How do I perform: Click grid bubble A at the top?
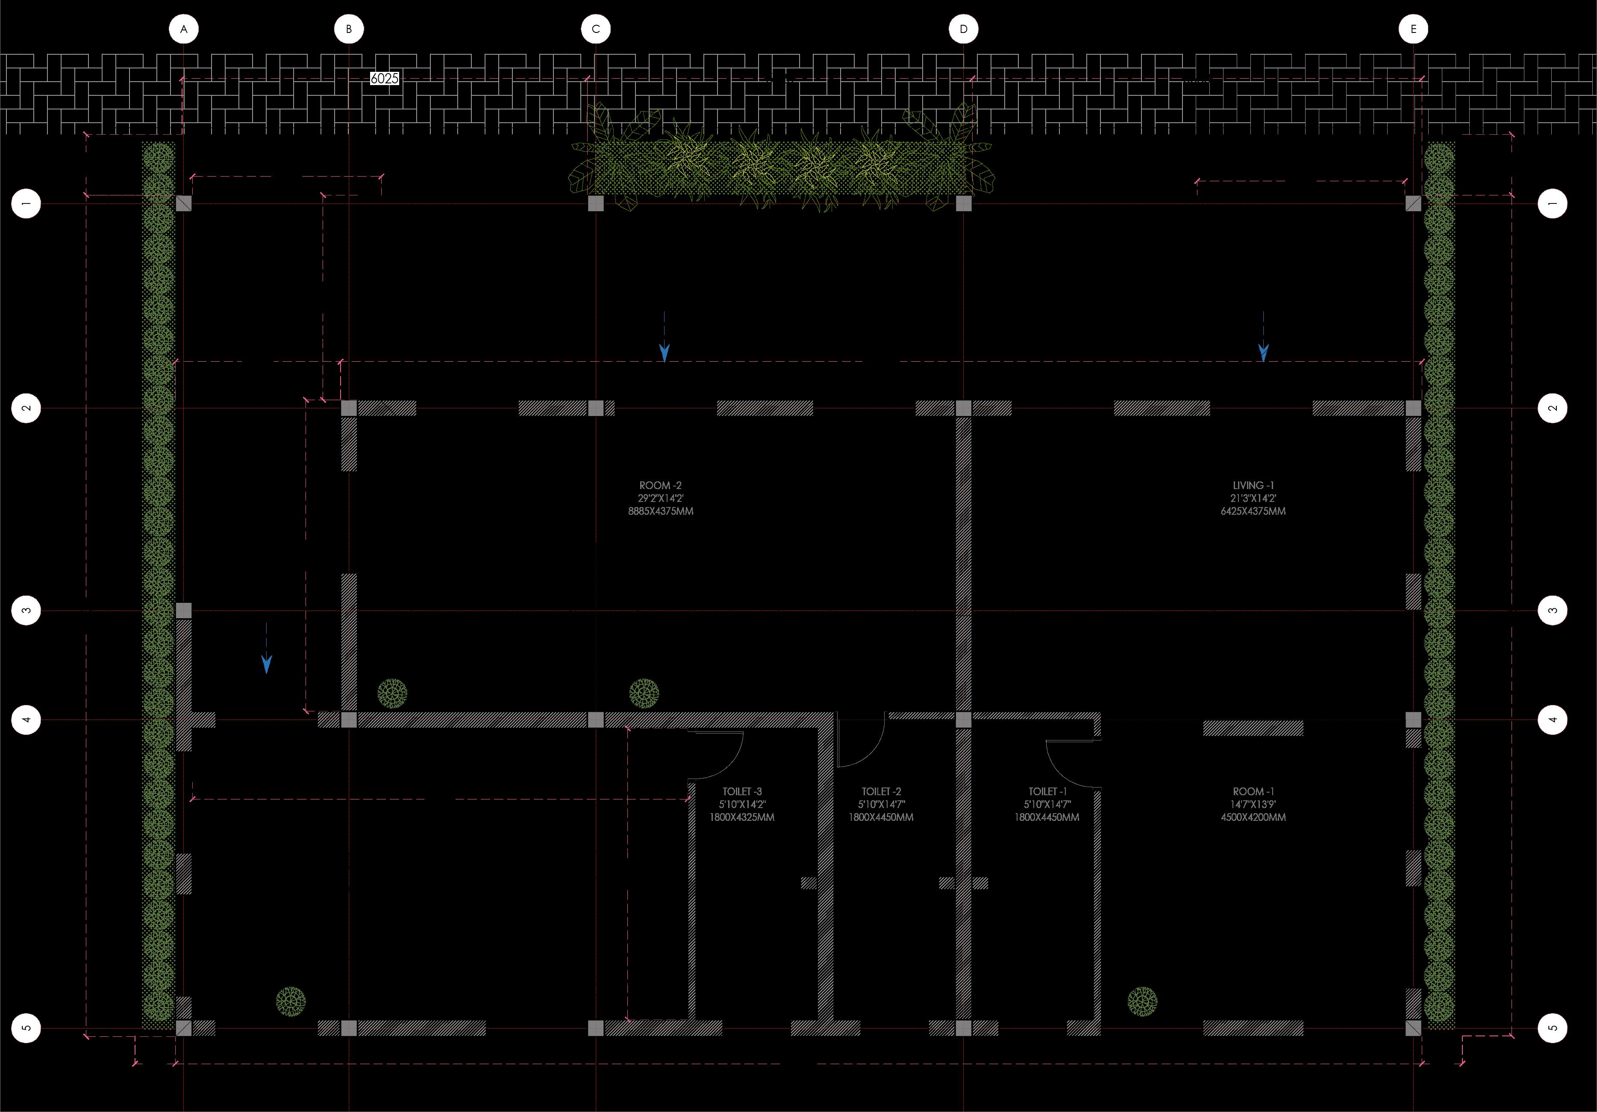(184, 29)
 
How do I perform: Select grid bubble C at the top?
(595, 29)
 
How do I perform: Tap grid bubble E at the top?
(1413, 29)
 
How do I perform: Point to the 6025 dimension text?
(385, 79)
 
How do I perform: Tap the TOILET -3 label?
(741, 792)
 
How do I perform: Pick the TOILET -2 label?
(881, 792)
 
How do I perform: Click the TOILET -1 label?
(1047, 792)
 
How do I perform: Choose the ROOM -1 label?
(1253, 792)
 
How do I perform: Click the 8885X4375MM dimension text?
(660, 511)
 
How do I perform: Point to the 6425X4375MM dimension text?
(1253, 511)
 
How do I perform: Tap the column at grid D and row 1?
(963, 203)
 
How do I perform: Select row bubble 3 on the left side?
(26, 611)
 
